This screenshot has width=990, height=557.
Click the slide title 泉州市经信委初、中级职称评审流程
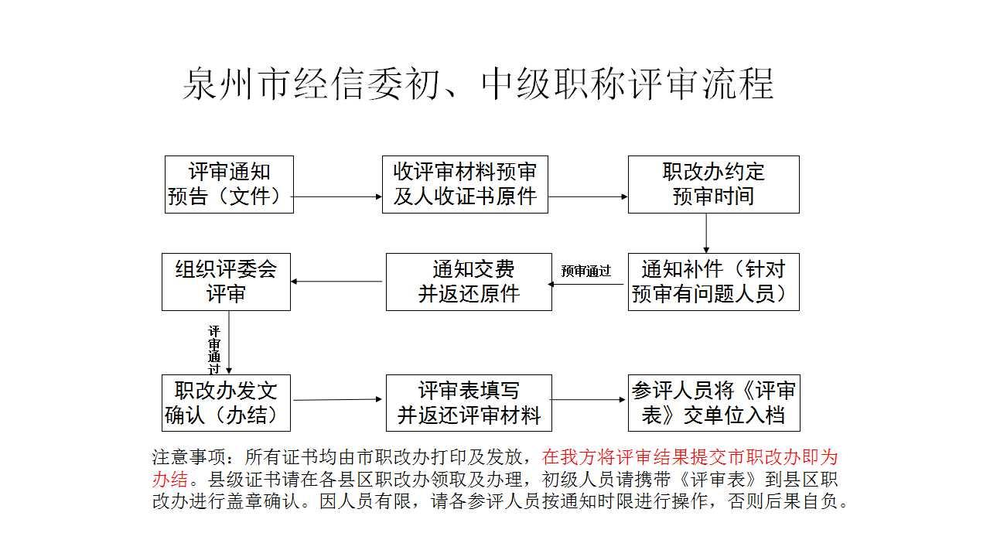(x=478, y=84)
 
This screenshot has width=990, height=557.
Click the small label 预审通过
(x=585, y=271)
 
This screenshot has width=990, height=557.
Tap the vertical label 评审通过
(x=214, y=350)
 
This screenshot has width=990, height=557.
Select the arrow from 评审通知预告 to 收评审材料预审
(x=336, y=196)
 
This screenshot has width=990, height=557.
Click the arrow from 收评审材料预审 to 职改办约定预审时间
(x=588, y=196)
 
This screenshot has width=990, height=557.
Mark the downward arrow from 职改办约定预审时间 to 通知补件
(x=706, y=234)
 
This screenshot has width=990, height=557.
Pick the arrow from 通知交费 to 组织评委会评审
(x=336, y=282)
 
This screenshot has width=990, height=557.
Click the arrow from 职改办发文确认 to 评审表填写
(x=337, y=400)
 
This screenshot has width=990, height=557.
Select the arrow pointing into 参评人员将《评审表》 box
(x=589, y=400)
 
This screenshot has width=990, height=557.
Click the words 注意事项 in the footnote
(x=189, y=457)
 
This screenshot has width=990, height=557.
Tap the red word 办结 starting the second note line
(x=170, y=479)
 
